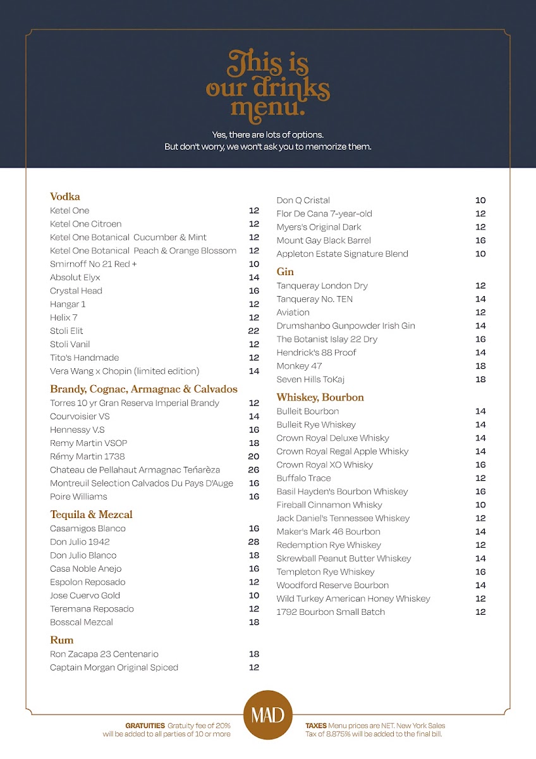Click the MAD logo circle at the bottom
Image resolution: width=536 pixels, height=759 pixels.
[x=268, y=715]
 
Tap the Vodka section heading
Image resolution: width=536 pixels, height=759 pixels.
[x=65, y=197]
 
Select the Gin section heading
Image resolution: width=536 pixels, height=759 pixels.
[x=285, y=272]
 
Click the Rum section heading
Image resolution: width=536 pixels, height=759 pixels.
[x=62, y=640]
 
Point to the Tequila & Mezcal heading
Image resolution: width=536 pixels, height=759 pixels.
[x=91, y=515]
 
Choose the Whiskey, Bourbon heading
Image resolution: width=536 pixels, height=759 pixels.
[x=320, y=398]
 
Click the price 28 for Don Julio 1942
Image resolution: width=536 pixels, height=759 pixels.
[x=254, y=542]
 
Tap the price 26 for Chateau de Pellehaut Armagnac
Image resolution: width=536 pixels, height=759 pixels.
[x=254, y=470]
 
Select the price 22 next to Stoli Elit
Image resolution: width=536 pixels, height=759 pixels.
[x=254, y=331]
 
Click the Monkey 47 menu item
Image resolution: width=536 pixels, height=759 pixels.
[x=299, y=366]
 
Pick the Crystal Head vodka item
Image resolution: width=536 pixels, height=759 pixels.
[x=76, y=291]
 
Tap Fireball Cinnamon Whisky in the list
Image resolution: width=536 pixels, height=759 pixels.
[x=329, y=505]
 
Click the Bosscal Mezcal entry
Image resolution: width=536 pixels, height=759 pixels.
[x=82, y=622]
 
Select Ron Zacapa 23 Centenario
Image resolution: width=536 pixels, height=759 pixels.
[x=104, y=655]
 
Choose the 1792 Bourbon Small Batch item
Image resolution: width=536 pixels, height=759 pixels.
[x=331, y=612]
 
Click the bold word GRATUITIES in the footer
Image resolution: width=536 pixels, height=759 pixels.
[x=145, y=725]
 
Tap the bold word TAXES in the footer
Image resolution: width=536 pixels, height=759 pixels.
[x=316, y=725]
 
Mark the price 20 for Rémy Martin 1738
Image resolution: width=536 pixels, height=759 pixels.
[x=254, y=457]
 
